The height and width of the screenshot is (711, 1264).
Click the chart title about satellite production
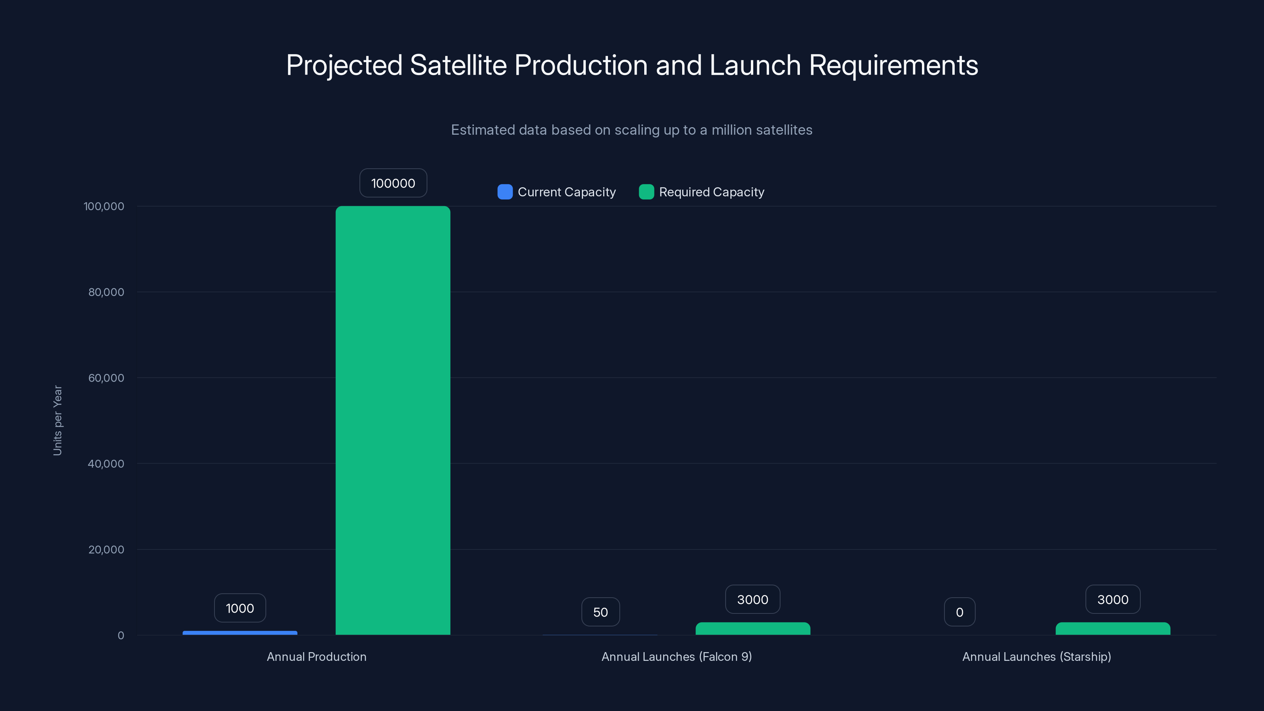tap(632, 65)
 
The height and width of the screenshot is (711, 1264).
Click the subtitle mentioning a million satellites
tap(632, 130)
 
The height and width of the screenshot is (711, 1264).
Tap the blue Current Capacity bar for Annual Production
tap(240, 633)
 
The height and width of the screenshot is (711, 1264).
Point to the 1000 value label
tap(240, 608)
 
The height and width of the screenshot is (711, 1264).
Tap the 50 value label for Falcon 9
tap(600, 612)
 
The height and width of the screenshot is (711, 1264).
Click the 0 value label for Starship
tap(960, 612)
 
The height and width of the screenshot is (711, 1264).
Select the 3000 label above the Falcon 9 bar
tap(753, 600)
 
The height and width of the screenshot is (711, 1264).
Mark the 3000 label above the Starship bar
tap(1113, 600)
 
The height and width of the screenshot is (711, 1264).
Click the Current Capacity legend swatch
tap(505, 192)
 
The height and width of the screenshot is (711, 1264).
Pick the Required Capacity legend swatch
tap(646, 192)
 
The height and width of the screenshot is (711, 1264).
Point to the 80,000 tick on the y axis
tap(106, 292)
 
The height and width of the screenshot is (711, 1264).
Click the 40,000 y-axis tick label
tap(106, 464)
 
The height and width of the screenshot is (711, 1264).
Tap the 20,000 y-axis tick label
tap(106, 549)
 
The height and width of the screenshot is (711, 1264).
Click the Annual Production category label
tap(316, 657)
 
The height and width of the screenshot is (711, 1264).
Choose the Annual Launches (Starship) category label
tap(1036, 657)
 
